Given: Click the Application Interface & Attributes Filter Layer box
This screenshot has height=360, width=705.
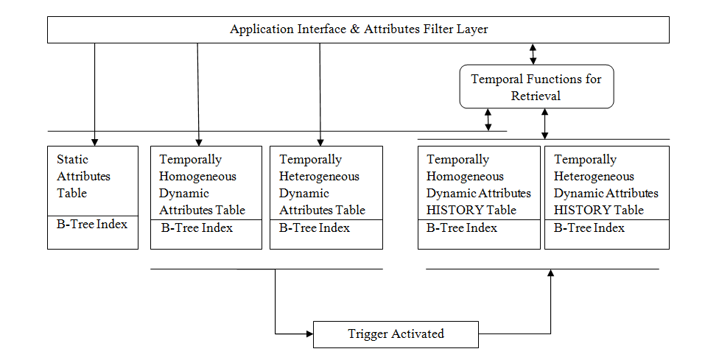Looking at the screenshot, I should [358, 29].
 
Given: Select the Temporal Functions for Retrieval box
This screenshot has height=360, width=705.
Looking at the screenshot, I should [536, 87].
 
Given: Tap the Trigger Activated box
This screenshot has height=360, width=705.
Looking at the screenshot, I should [396, 334].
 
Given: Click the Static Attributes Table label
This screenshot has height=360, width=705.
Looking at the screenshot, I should [73, 177].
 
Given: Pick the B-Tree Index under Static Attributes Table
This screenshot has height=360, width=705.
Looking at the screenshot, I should [92, 224].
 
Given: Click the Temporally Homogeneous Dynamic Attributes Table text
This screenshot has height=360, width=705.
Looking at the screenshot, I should [202, 185].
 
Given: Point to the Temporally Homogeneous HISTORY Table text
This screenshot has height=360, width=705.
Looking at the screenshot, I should [478, 185].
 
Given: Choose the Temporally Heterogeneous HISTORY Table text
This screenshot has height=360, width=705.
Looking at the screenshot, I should [606, 185].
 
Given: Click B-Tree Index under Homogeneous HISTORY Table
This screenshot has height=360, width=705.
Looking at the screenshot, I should [462, 228].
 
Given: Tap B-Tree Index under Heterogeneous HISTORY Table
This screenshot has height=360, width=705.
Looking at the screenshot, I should [589, 228].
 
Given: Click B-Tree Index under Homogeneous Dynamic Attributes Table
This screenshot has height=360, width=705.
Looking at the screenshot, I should [197, 228].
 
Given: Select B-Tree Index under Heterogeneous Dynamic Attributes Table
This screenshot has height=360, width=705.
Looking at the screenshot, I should [315, 228].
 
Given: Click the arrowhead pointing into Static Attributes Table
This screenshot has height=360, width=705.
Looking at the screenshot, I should [94, 141].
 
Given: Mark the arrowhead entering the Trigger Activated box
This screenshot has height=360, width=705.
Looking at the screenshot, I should [309, 333].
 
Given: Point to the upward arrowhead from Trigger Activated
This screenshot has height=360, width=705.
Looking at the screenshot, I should [550, 274].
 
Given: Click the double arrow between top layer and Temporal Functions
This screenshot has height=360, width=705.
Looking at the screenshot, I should [533, 54].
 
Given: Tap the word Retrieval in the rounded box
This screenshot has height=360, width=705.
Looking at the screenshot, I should [536, 96].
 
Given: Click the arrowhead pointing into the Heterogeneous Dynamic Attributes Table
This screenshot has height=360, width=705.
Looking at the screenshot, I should [320, 141].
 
